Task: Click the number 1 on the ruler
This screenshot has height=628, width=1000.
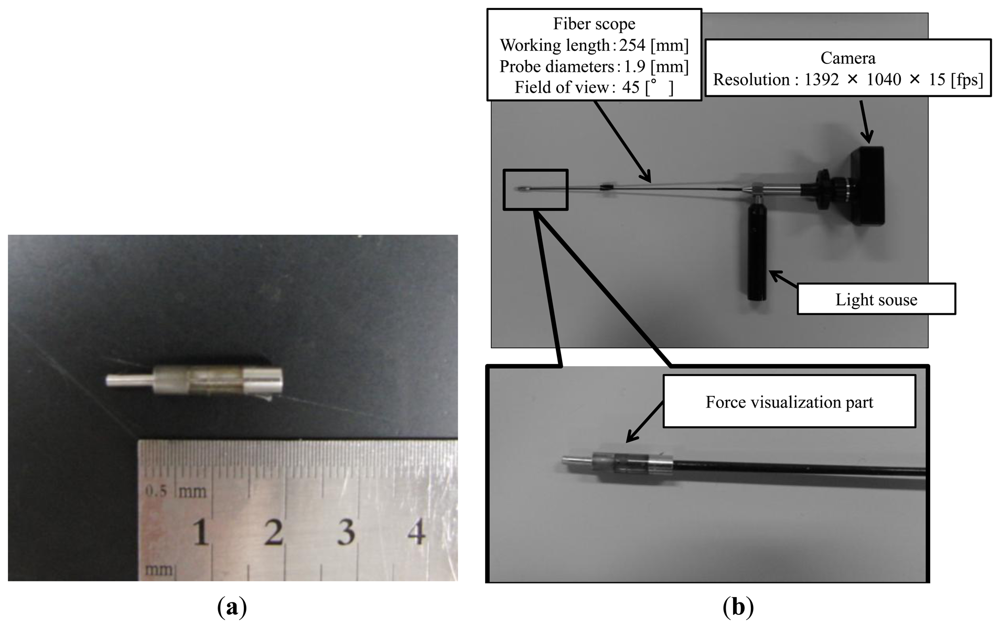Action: click(200, 533)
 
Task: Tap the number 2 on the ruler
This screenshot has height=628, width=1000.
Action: click(273, 533)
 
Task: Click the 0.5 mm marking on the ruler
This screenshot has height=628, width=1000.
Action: click(156, 492)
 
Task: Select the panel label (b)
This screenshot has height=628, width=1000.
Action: click(738, 608)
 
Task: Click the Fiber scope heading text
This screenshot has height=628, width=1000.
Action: click(594, 24)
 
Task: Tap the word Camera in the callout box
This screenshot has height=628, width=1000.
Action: click(847, 58)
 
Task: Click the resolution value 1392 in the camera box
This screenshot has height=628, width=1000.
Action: click(822, 80)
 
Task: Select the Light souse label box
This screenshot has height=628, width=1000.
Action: click(876, 300)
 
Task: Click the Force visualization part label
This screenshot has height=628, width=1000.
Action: click(789, 402)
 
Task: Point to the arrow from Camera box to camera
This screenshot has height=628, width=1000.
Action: click(865, 120)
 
